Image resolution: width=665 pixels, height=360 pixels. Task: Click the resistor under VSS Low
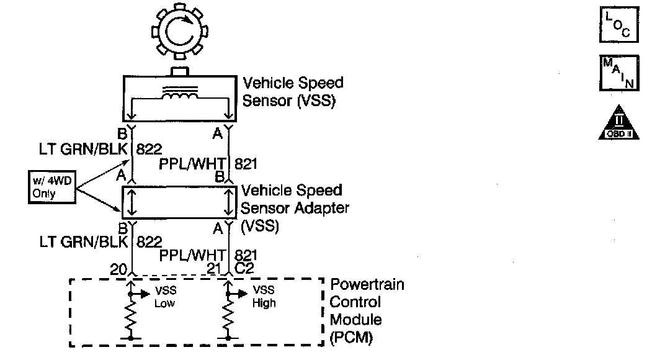[131, 317]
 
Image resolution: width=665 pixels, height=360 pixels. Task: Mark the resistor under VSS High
[229, 317]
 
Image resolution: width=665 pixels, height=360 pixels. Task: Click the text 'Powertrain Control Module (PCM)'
[366, 312]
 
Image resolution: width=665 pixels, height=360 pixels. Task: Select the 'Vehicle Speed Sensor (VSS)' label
[292, 92]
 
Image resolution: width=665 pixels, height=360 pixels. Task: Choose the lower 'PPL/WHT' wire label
[192, 254]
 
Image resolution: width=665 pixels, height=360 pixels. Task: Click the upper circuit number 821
[246, 164]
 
